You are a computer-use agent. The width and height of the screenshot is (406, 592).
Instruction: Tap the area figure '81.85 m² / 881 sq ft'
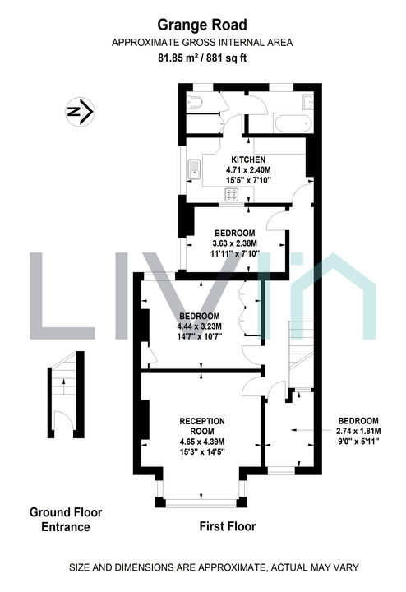click(202, 58)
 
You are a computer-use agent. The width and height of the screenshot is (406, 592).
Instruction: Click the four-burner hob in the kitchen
click(233, 195)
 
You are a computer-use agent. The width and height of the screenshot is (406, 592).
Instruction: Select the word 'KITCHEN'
click(248, 160)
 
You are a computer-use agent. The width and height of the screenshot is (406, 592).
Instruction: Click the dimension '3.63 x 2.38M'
click(236, 243)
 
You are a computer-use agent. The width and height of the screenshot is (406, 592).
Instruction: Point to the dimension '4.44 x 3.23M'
click(200, 326)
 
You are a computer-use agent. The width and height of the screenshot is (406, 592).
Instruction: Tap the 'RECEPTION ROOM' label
click(202, 426)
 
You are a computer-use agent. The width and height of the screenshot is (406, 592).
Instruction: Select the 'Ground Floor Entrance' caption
click(66, 519)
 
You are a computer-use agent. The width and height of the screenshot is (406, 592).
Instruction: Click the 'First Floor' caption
click(228, 526)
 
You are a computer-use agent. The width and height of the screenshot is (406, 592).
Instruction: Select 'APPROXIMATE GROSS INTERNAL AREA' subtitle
click(202, 42)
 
